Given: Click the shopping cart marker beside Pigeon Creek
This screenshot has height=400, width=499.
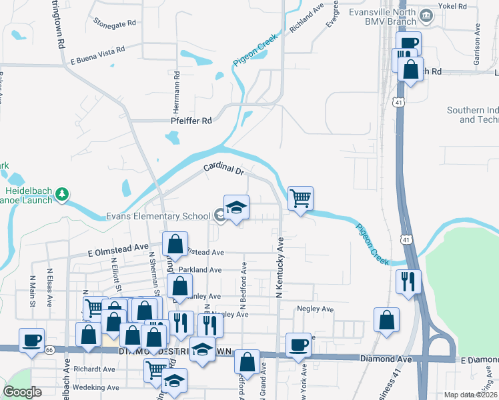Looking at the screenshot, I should coord(300,197).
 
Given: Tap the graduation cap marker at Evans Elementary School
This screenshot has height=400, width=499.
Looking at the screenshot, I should coord(236,207).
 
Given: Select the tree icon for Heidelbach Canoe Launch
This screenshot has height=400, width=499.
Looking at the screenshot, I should coord(62,193).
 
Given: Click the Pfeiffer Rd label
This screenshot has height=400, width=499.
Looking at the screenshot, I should coord(191,121).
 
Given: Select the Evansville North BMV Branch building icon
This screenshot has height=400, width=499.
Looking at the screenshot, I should coord(425,14).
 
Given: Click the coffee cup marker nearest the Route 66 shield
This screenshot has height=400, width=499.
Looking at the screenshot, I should coord(31,339).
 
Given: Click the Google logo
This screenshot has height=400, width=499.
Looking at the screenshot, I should coord(23,392).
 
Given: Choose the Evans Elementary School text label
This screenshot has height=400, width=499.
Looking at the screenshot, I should coord(158,215).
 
